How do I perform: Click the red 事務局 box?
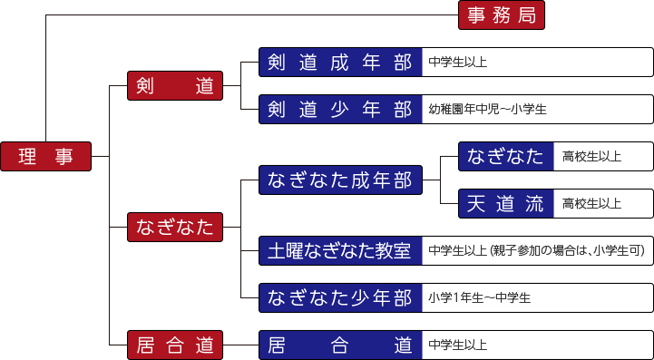501,15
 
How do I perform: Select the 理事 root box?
45,156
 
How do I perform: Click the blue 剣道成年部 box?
340,62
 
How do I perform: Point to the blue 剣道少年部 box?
340,109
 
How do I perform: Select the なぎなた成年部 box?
340,180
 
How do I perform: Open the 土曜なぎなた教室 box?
340,249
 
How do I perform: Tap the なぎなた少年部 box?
340,297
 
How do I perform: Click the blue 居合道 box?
340,345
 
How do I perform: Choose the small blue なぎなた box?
505,156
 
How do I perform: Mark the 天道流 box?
505,203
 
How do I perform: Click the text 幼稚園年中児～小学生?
487,110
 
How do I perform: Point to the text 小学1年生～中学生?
479,297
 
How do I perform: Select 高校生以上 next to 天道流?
591,203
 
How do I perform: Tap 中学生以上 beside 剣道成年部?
457,63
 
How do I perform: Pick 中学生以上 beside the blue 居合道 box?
457,345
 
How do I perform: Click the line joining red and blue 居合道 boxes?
240,345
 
